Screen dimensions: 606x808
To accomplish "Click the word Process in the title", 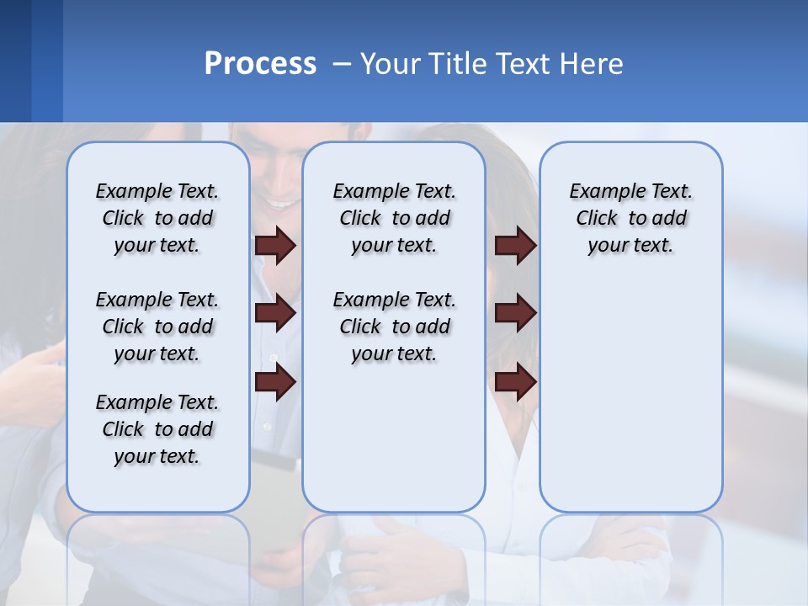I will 260,64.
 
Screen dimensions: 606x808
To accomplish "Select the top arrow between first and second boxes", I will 275,245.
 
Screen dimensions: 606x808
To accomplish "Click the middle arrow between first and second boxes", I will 275,313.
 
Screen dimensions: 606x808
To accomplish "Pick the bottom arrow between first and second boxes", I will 275,383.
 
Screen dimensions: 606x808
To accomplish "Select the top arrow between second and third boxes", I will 515,245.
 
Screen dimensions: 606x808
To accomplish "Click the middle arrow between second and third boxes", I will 515,313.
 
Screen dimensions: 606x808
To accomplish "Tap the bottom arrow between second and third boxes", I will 515,383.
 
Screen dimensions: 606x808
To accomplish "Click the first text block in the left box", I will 157,218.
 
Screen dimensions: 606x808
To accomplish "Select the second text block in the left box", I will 157,327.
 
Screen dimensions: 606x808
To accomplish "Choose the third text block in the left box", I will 157,429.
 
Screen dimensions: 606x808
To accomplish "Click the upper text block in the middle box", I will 394,218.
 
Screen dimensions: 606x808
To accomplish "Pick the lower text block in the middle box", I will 394,327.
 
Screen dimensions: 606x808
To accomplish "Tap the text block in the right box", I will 630,218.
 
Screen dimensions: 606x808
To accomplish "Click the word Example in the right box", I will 602,192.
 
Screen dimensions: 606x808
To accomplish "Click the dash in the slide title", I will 342,64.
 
